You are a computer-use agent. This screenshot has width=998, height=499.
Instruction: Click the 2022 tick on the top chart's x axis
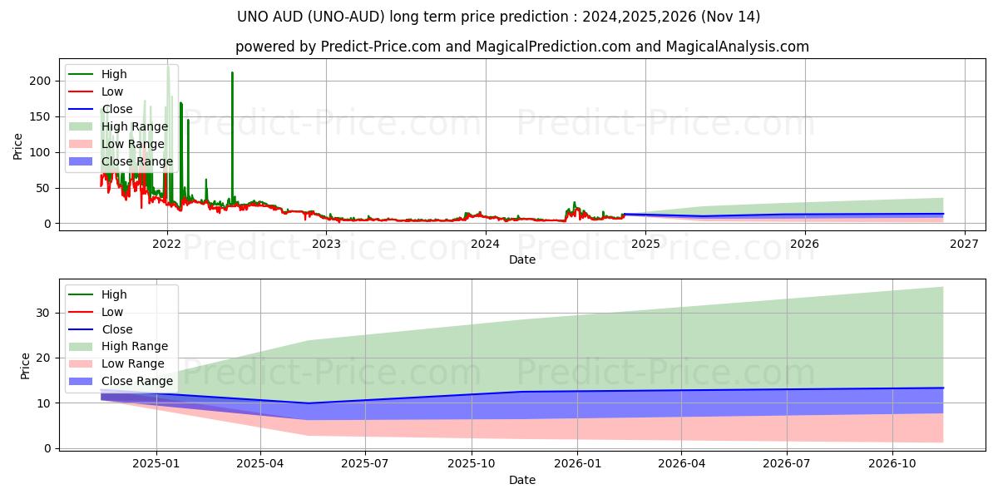(x=167, y=244)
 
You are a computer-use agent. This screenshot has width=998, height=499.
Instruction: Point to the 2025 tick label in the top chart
(x=645, y=244)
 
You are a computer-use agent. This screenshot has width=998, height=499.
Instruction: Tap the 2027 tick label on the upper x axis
(x=964, y=244)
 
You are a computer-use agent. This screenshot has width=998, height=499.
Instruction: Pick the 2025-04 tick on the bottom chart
(x=261, y=464)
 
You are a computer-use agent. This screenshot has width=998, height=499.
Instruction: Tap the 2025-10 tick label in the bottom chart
(x=472, y=464)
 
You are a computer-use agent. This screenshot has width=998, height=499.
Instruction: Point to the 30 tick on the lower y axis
(x=47, y=313)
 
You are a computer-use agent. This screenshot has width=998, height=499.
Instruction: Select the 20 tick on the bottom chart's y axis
(x=47, y=358)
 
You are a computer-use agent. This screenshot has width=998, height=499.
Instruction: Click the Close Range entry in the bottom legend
(x=137, y=381)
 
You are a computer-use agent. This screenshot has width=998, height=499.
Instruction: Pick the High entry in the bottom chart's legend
(x=113, y=294)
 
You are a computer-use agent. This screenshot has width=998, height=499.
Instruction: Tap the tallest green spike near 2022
(x=168, y=67)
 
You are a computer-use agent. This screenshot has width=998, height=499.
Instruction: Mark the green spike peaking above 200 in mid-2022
(x=232, y=74)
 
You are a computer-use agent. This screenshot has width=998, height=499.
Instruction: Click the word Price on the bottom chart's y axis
(x=25, y=366)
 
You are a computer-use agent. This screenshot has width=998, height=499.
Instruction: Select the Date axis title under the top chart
(x=521, y=259)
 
